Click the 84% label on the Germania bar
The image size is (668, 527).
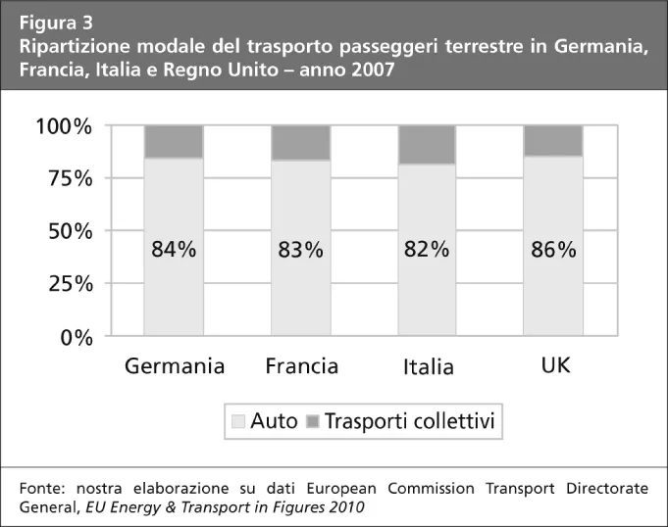point(174,250)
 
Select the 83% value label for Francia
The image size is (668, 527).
point(300,250)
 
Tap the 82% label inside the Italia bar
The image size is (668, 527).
point(427,249)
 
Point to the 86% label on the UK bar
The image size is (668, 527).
point(553,250)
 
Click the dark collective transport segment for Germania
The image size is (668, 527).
point(174,141)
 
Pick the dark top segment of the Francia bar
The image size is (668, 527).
point(300,143)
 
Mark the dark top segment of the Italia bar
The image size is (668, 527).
point(427,144)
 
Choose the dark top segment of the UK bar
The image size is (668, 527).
point(553,140)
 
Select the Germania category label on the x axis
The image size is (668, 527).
point(175,366)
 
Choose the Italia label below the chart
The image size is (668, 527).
point(428,367)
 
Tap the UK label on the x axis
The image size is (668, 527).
point(555,365)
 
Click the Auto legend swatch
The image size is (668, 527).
point(237,423)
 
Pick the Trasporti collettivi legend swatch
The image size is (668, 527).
point(313,423)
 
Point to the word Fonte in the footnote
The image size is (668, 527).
point(42,488)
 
